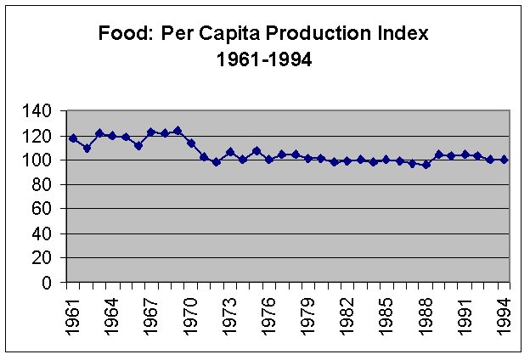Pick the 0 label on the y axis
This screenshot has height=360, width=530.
pyautogui.click(x=55, y=283)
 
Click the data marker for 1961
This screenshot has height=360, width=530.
pyautogui.click(x=73, y=138)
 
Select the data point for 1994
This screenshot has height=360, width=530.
pyautogui.click(x=505, y=159)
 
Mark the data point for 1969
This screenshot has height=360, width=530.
pyautogui.click(x=178, y=131)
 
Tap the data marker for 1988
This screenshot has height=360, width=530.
pyautogui.click(x=426, y=165)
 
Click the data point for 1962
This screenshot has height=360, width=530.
pyautogui.click(x=86, y=148)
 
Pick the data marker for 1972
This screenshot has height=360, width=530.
pyautogui.click(x=217, y=161)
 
